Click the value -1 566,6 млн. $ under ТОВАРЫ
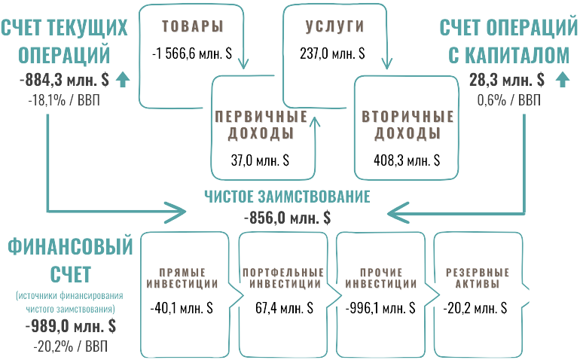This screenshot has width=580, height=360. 191,53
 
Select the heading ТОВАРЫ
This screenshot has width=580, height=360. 193,26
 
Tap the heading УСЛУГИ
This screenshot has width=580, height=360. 334,26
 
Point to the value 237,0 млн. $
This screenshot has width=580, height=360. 331,53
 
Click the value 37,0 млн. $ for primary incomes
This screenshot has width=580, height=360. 260,160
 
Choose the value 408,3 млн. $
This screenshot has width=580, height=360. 408,160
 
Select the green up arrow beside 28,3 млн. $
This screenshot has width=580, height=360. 560,79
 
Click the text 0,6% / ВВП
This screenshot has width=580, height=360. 508,100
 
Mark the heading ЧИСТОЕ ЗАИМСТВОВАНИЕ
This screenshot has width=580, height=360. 288,197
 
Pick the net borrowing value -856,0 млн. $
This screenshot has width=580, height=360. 288,217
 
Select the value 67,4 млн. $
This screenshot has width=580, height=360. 282,309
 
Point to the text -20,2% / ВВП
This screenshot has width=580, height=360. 70,346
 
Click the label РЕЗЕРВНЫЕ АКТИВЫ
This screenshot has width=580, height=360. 478,278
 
